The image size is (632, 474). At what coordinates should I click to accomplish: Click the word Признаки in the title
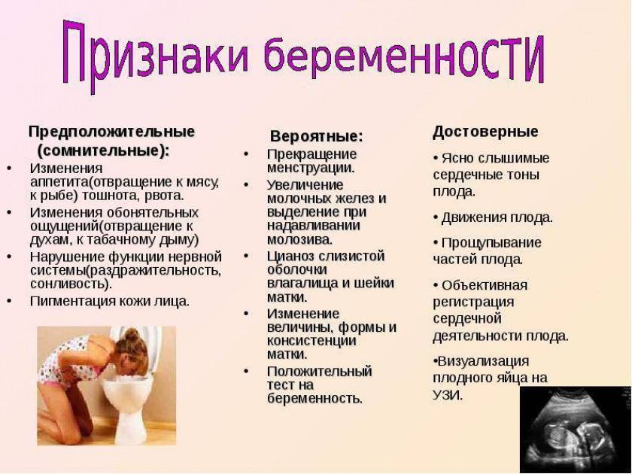155,54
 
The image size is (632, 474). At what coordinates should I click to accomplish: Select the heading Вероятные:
317,136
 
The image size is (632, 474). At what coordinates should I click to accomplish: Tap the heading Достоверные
485,132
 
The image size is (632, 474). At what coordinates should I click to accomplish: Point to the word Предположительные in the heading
111,132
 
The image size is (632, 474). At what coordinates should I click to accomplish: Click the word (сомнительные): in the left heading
103,150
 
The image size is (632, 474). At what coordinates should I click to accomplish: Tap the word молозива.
300,239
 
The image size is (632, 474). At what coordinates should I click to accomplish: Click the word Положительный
319,371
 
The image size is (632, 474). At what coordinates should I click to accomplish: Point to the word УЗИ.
448,395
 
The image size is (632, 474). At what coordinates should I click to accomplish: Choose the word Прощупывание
491,242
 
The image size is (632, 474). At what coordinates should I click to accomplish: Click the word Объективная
485,285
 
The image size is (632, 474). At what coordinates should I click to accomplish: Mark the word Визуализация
483,360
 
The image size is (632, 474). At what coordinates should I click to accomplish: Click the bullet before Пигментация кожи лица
9,301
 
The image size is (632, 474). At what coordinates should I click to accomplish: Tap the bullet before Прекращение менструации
246,154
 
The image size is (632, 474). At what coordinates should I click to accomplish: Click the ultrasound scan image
576,430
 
